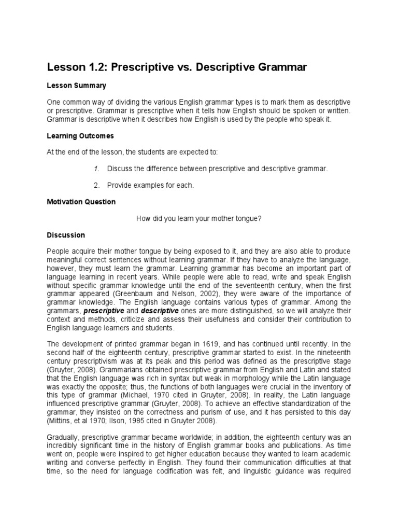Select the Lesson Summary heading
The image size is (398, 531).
(77, 85)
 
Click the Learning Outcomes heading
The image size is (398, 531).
(80, 135)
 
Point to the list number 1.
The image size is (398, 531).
(96, 169)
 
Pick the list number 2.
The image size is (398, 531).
(96, 185)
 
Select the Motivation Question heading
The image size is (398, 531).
(81, 202)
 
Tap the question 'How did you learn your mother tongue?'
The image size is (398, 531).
(199, 218)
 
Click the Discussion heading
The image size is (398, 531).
(66, 235)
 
